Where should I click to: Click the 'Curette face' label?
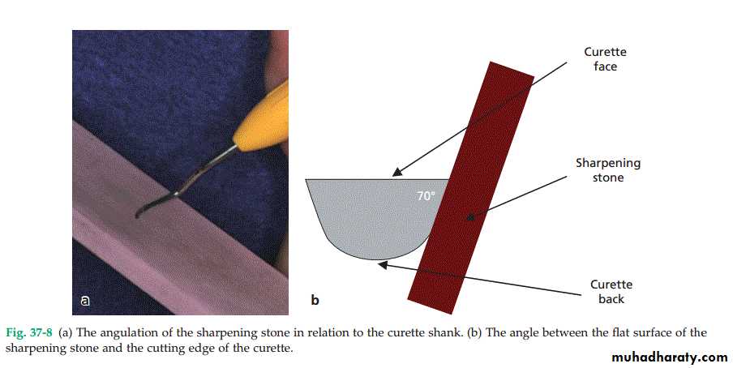click(605, 59)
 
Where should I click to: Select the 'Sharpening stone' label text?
click(608, 170)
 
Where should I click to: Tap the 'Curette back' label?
click(611, 291)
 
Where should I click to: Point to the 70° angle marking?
click(426, 195)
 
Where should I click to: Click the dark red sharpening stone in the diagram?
click(471, 187)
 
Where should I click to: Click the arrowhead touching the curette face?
click(397, 172)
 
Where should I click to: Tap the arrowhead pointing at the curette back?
click(383, 265)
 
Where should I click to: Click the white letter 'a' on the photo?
click(84, 301)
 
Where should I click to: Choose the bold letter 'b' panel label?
click(315, 300)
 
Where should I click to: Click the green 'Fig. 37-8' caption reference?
click(29, 333)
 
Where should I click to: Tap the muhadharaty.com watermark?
click(670, 357)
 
